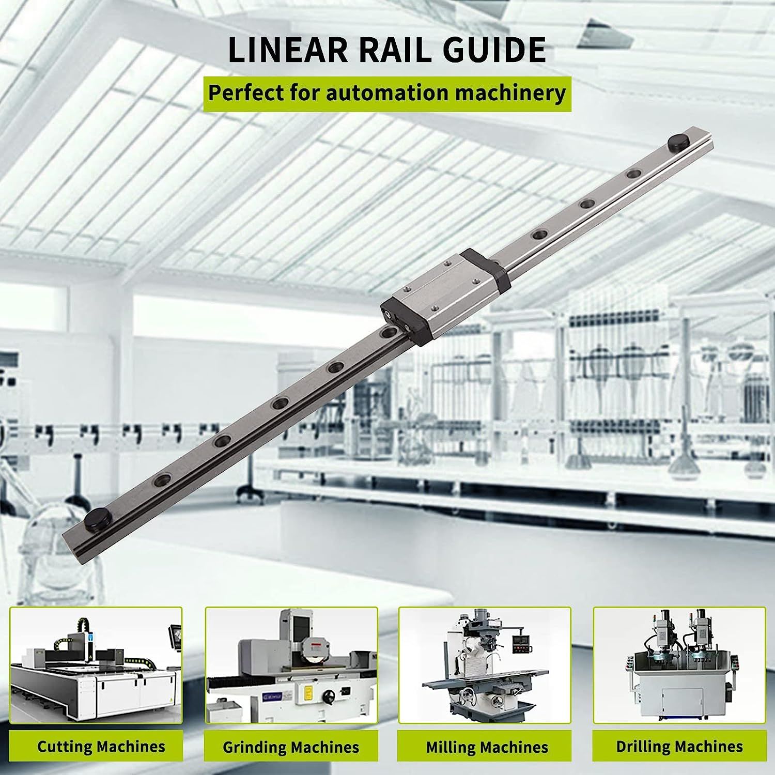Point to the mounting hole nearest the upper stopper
click(632, 174)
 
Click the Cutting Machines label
click(101, 746)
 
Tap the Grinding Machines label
click(291, 747)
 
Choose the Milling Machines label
click(487, 747)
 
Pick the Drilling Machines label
click(679, 746)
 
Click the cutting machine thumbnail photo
click(96, 665)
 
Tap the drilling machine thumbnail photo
click(679, 665)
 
